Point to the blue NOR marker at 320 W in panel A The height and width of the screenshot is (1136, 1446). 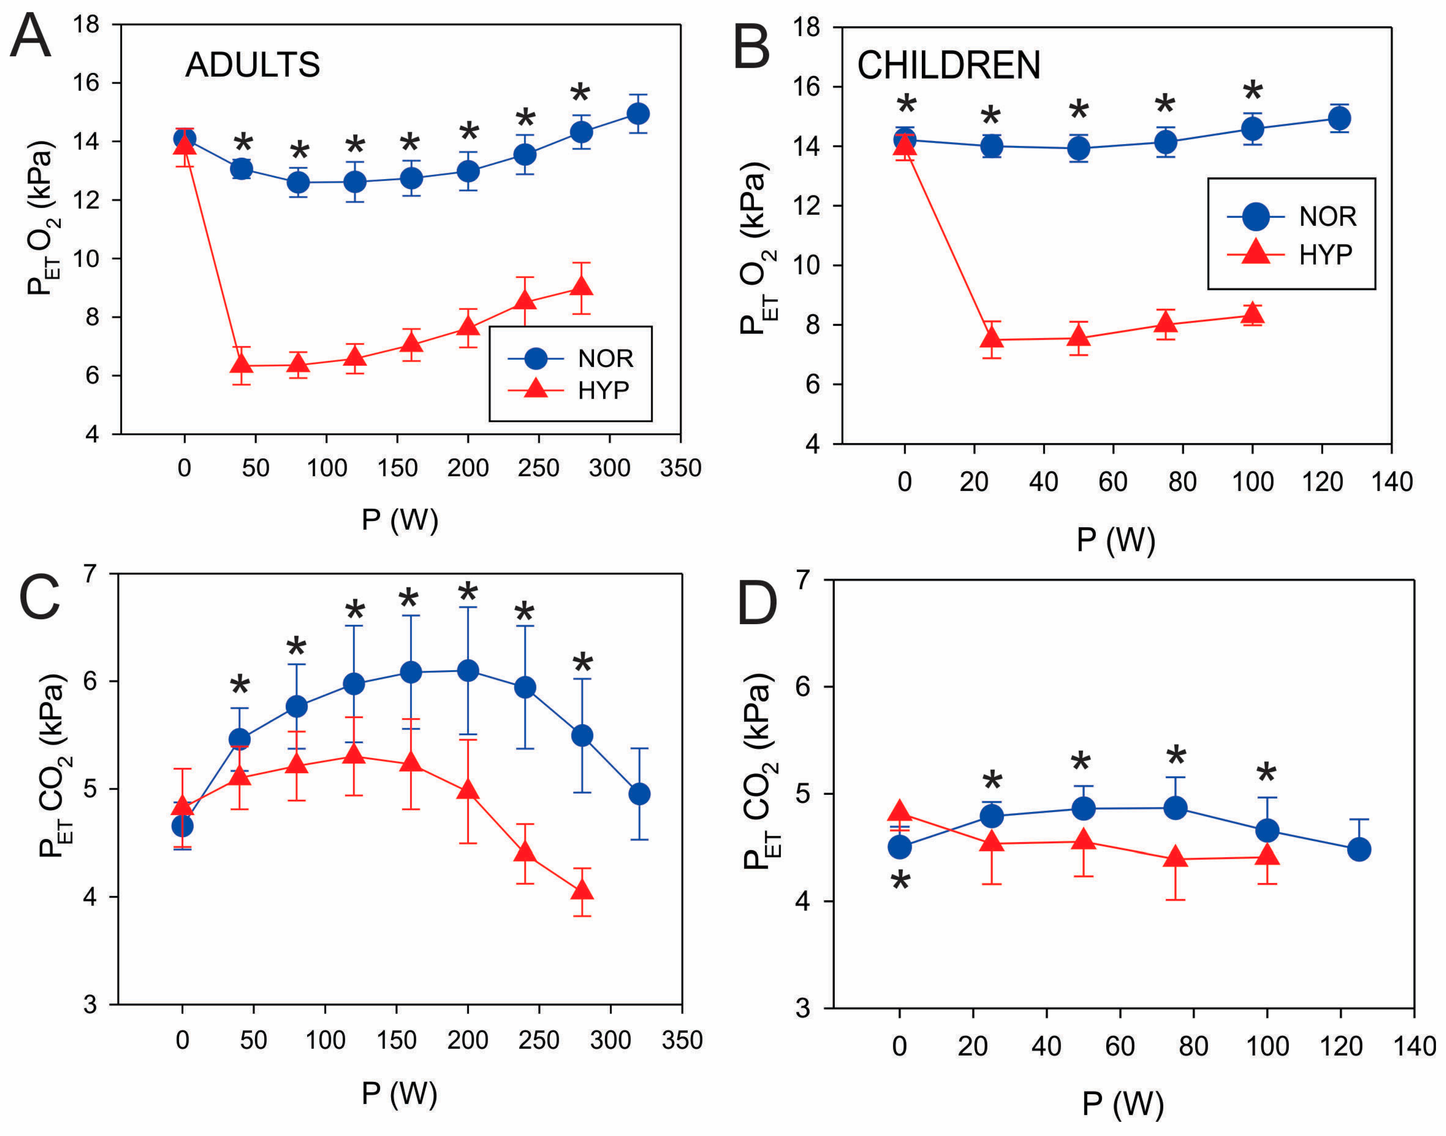coord(638,114)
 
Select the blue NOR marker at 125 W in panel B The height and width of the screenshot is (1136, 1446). coord(1339,118)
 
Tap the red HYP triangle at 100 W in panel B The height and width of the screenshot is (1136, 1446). coord(1252,313)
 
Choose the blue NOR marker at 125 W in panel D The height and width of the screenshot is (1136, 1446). coord(1358,849)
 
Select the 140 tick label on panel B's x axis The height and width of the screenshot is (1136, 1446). coord(1392,482)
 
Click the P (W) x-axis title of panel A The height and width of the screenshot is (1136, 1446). coord(400,520)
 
